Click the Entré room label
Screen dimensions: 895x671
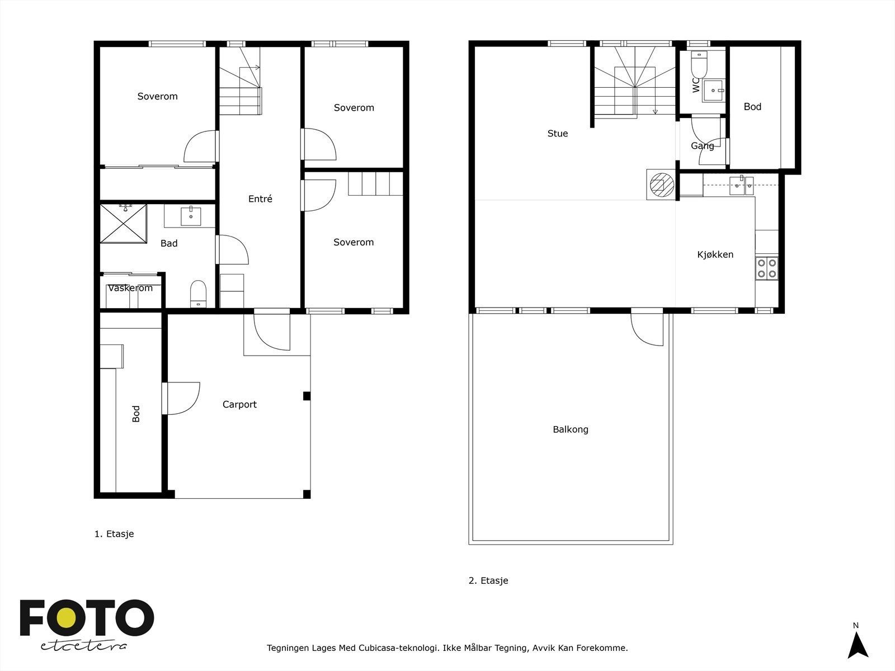[x=260, y=199]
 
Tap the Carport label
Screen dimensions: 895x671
[x=239, y=404]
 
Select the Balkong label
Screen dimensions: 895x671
[x=571, y=429]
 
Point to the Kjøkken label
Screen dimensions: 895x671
[x=715, y=254]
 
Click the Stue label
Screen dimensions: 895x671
[x=557, y=133]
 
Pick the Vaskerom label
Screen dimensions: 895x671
[x=130, y=288]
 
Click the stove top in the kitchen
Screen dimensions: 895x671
[x=766, y=268]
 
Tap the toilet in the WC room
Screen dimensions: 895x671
[x=699, y=64]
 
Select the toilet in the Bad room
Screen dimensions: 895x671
[x=198, y=294]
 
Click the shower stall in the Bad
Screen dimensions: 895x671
[x=123, y=224]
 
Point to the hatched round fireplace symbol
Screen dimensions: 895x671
[x=661, y=185]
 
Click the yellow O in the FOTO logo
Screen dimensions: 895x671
[x=66, y=618]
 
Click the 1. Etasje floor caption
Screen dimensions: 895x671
[x=114, y=533]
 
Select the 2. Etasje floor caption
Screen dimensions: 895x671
[x=488, y=580]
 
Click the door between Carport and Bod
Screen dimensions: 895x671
[x=181, y=399]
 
